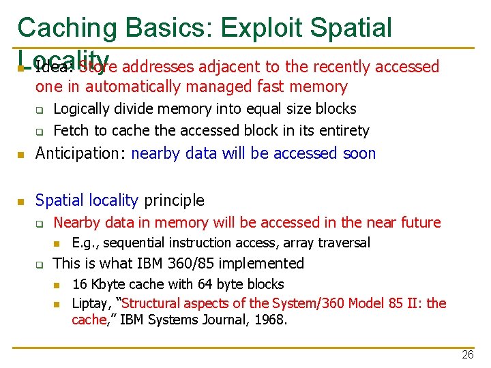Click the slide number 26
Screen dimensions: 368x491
tap(467, 354)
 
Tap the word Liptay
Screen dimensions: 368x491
tap(89, 303)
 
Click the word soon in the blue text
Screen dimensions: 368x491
tap(360, 153)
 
